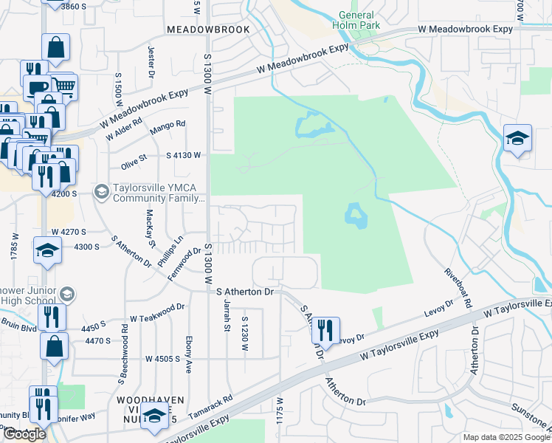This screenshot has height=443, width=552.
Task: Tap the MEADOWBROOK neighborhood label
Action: tap(208, 29)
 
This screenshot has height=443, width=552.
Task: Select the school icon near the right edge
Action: tap(517, 139)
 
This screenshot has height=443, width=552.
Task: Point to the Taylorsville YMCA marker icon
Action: tap(101, 192)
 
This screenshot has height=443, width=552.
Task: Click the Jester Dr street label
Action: tap(151, 62)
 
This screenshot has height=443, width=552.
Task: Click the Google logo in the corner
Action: tap(24, 434)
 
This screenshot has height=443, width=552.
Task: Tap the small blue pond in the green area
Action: tap(356, 216)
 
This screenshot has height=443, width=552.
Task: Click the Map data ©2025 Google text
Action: tap(506, 437)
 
